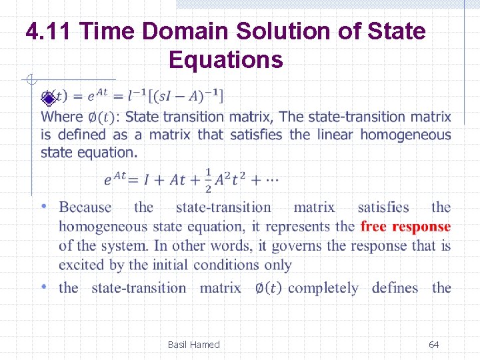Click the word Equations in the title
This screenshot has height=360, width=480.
(x=226, y=60)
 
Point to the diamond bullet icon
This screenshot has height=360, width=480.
(x=47, y=99)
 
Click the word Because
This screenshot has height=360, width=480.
(x=85, y=208)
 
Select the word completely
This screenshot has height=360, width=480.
(x=323, y=288)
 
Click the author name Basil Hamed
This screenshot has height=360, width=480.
(x=193, y=345)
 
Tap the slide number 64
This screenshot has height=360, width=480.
(x=433, y=345)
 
